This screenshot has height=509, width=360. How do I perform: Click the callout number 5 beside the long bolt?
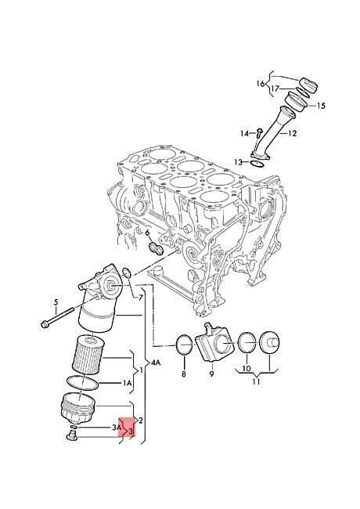pos(56,302)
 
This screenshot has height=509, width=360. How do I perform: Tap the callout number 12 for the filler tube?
pos(292,133)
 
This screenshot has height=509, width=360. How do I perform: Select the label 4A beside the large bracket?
pos(156,363)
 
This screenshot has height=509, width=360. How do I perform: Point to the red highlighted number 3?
pos(131,431)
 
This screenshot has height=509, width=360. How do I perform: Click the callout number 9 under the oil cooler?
pos(211,374)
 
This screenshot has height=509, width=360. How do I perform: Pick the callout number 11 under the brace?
pos(256,381)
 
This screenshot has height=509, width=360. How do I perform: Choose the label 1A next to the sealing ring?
pos(127,384)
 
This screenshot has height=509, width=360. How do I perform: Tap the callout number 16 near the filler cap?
pos(261,84)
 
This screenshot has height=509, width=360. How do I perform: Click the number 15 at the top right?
pos(320,106)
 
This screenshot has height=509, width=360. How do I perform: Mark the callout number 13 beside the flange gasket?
pos(239,161)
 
